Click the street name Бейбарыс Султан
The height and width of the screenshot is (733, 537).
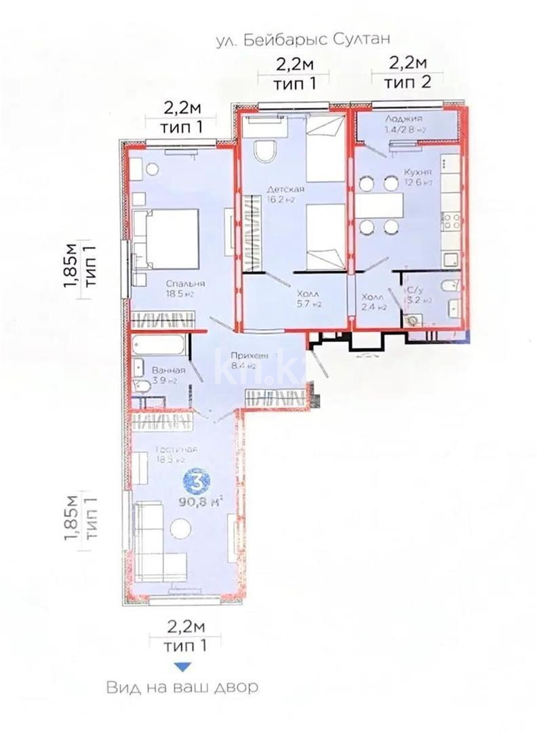coord(302,41)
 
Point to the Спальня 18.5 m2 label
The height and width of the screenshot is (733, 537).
coord(187,289)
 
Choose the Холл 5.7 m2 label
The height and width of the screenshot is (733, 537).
coord(309,300)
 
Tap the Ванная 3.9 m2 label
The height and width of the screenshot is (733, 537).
coord(167,375)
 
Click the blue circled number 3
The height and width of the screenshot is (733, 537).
coord(197,483)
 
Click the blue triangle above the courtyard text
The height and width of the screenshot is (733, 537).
coord(182,666)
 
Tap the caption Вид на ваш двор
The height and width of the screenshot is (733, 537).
coord(182,688)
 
